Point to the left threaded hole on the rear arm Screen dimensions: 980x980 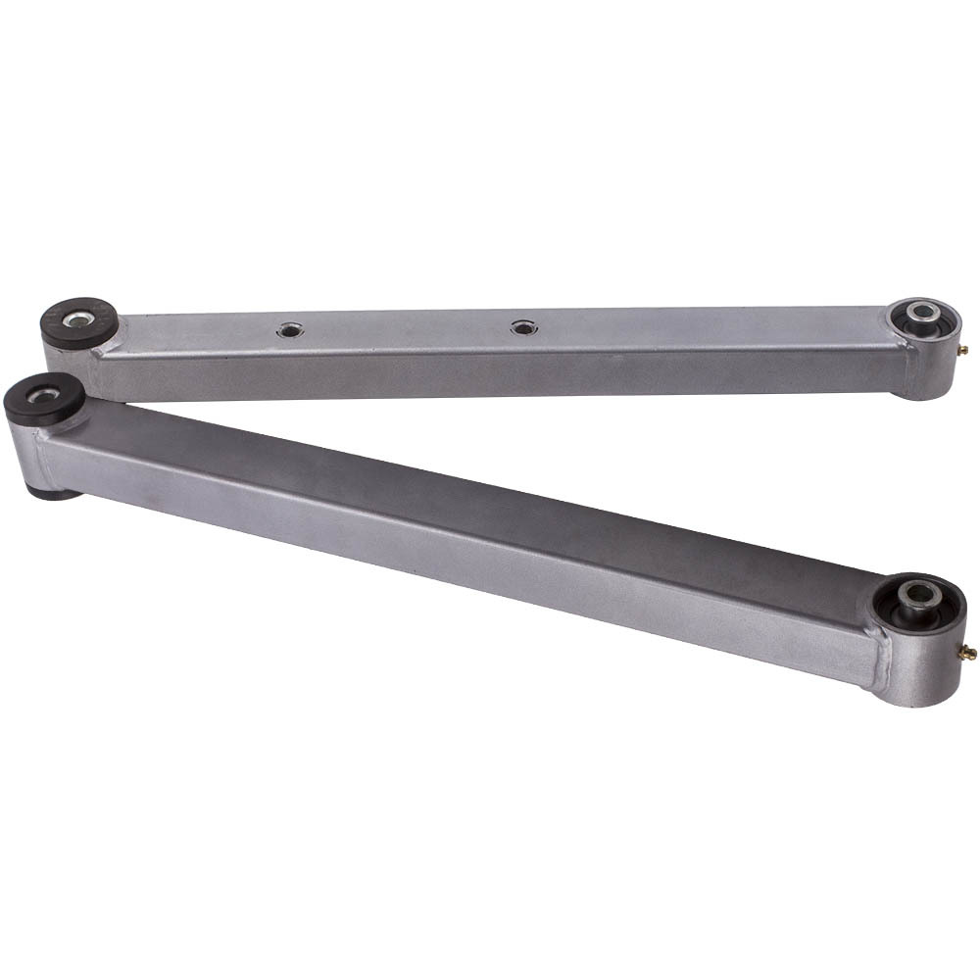tap(289, 330)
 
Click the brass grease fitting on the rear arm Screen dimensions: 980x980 tap(963, 349)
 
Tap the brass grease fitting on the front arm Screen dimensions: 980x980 tap(967, 652)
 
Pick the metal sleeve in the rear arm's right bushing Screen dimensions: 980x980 tap(920, 312)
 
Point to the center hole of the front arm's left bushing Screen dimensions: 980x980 tap(43, 396)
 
